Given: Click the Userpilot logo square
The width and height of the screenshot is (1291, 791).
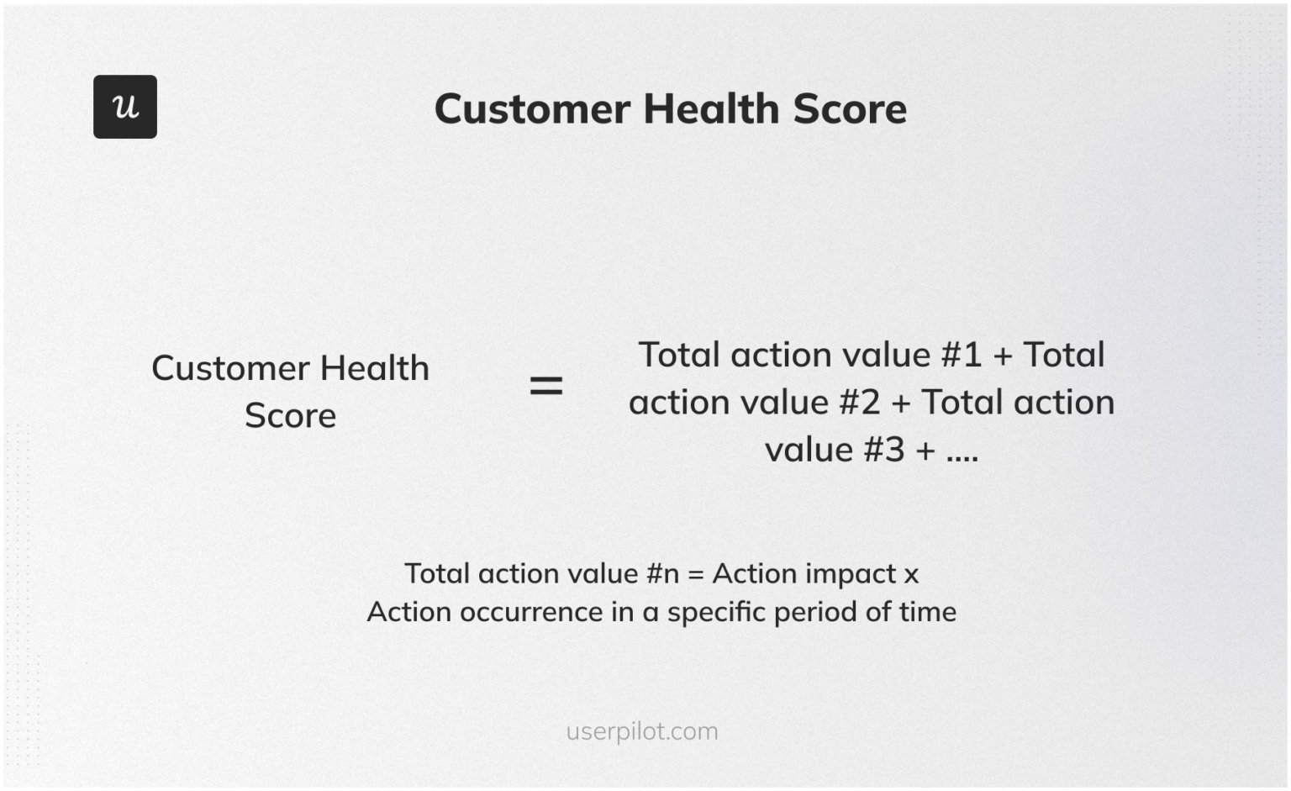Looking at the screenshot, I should click(x=125, y=107).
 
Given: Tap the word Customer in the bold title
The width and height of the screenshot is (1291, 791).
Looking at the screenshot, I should click(x=532, y=109).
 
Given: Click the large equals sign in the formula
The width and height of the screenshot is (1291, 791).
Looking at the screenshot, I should click(x=545, y=387).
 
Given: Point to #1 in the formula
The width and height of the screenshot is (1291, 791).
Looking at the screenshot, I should click(x=961, y=356).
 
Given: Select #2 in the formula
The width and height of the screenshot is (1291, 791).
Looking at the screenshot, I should click(x=859, y=403).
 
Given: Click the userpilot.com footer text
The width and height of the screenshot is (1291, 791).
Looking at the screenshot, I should click(x=642, y=731).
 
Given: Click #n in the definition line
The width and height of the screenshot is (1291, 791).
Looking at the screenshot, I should click(x=662, y=574).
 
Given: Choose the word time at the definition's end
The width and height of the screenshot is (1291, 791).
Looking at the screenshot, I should click(x=928, y=612).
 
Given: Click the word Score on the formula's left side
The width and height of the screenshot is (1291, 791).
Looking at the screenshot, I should click(x=290, y=416).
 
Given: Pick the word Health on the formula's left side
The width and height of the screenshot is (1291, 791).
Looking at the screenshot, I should click(x=374, y=368).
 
